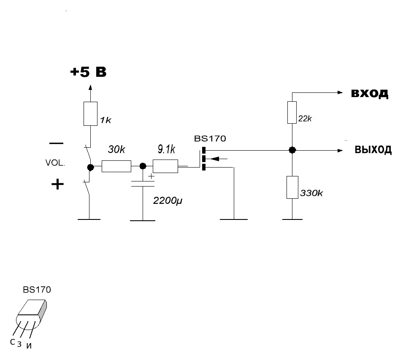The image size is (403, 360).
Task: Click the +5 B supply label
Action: tap(88, 72)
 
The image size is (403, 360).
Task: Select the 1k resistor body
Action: tap(90, 114)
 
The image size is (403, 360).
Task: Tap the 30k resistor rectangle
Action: tap(116, 166)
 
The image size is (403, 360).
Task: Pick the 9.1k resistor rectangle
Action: tap(165, 166)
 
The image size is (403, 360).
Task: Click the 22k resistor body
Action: tap(292, 112)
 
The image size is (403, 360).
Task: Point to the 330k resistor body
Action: tap(292, 187)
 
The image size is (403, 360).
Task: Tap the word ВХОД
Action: tap(369, 93)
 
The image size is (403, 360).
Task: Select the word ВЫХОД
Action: tap(373, 150)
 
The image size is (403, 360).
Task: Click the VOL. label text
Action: tap(55, 163)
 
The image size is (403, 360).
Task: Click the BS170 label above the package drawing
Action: tap(37, 290)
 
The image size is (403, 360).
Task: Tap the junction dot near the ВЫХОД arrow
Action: tap(292, 150)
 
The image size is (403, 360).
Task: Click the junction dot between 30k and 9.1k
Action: tap(143, 166)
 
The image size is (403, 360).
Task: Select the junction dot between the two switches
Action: tap(90, 167)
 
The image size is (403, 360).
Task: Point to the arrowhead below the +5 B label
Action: tap(90, 87)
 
